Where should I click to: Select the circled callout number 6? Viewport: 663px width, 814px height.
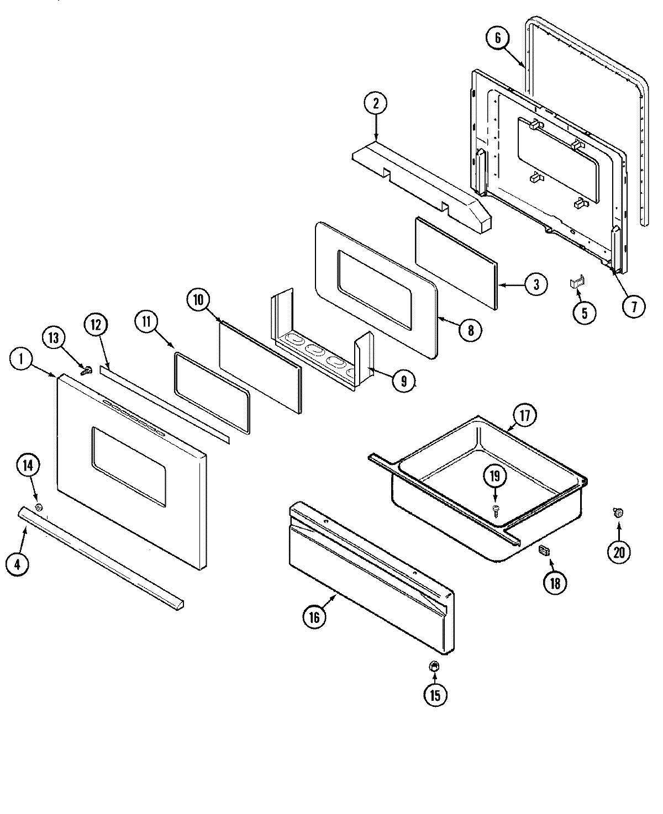click(497, 38)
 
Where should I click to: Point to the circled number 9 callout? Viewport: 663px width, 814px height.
click(404, 380)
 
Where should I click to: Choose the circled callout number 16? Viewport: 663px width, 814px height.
click(314, 617)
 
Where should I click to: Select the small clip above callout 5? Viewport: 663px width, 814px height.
click(577, 283)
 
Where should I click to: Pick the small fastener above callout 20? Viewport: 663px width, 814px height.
click(618, 513)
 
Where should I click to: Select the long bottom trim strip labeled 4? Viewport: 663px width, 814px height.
click(99, 558)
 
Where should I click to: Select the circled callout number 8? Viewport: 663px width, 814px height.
click(470, 330)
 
